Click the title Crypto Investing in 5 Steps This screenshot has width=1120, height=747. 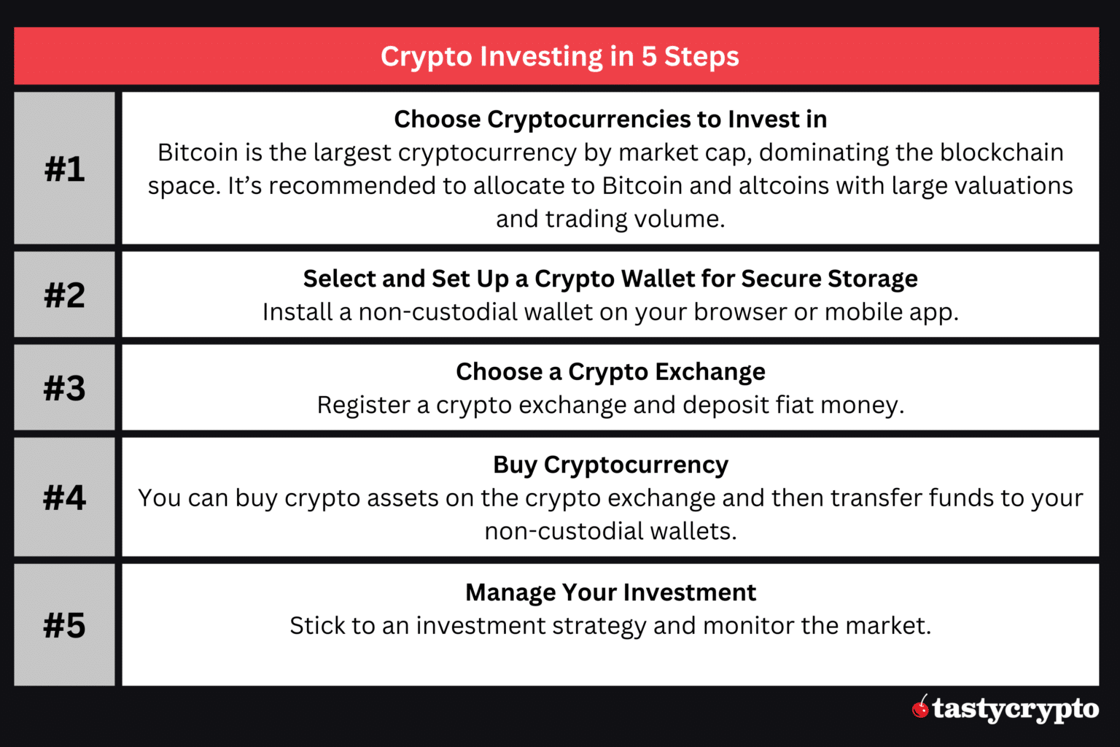[x=559, y=56]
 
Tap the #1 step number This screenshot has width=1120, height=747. [x=64, y=169]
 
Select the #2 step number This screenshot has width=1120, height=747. [x=64, y=295]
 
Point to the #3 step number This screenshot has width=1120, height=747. [x=64, y=387]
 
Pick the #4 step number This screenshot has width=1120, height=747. [x=64, y=498]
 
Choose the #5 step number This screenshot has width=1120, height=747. [x=64, y=625]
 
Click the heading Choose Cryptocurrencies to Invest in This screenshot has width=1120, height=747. [x=610, y=119]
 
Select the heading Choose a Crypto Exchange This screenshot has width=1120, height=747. [x=610, y=371]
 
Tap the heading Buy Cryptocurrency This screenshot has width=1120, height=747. [x=610, y=465]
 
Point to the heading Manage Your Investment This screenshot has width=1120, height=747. [x=610, y=592]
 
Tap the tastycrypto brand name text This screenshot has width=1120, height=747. [x=1016, y=709]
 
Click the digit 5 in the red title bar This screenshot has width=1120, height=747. [x=649, y=56]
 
